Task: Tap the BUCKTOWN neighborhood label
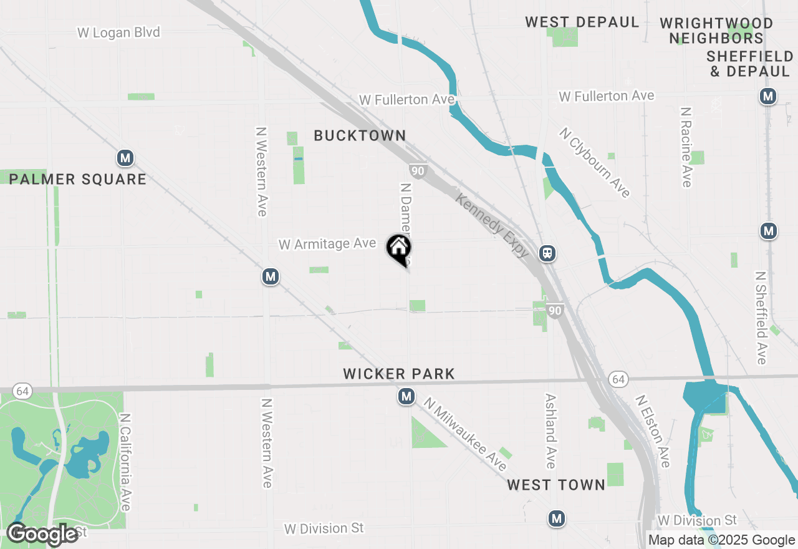(x=360, y=135)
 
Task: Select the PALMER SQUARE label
(x=78, y=180)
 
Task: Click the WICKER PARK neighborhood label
(x=399, y=374)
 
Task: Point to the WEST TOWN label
(x=556, y=485)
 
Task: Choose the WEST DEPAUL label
(x=582, y=22)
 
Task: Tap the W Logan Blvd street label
(x=118, y=32)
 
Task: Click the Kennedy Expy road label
(x=493, y=226)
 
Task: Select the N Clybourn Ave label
(x=595, y=163)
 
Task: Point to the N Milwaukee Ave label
(x=465, y=435)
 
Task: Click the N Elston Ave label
(x=653, y=430)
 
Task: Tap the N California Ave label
(x=125, y=462)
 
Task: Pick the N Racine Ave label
(x=686, y=147)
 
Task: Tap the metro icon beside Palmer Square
(x=125, y=158)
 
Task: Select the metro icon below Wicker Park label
(x=406, y=396)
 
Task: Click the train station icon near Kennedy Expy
(x=547, y=253)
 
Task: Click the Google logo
(x=42, y=534)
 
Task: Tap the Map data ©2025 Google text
(x=721, y=540)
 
